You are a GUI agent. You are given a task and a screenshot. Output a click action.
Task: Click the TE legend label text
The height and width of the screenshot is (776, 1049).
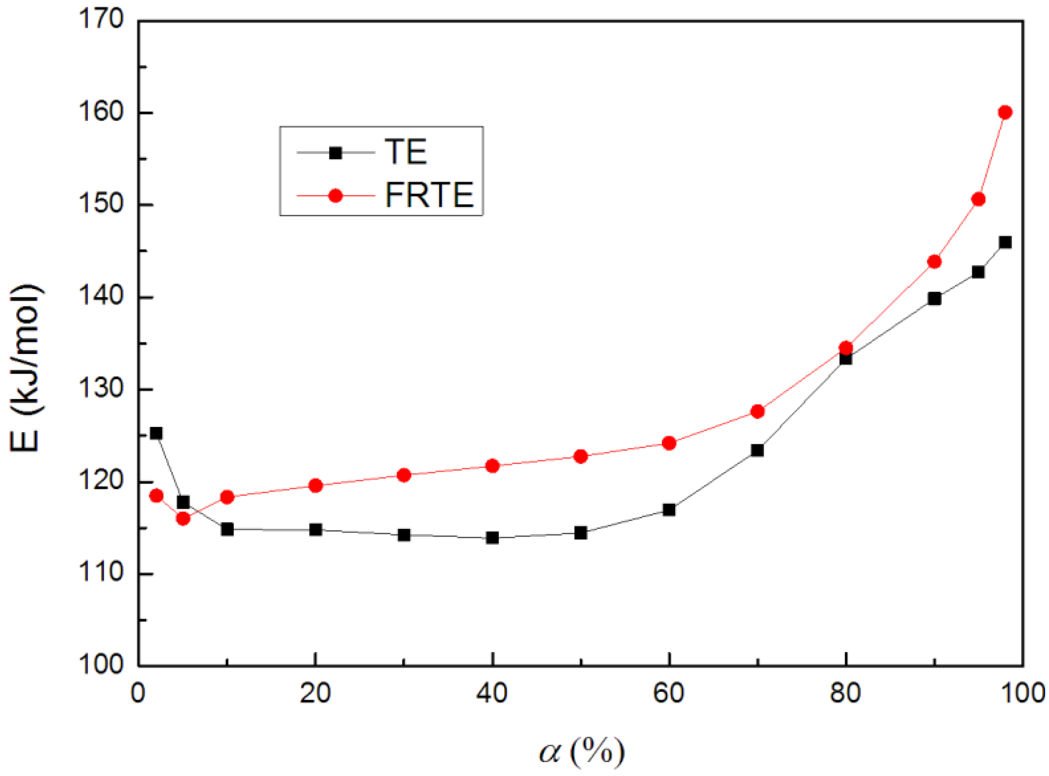pyautogui.click(x=405, y=152)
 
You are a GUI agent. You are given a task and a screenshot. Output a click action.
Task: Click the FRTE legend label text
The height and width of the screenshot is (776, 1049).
pyautogui.click(x=429, y=195)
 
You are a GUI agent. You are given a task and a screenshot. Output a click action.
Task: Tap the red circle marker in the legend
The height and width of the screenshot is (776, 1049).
pyautogui.click(x=335, y=195)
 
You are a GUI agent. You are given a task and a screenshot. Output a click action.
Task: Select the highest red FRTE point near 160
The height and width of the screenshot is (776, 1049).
pyautogui.click(x=1005, y=112)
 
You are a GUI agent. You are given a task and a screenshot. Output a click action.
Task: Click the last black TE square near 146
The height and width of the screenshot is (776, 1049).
pyautogui.click(x=1005, y=242)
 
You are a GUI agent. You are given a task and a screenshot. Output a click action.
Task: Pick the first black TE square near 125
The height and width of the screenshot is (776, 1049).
pyautogui.click(x=156, y=433)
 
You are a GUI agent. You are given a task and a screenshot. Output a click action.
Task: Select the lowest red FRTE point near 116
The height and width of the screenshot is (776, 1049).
pyautogui.click(x=183, y=519)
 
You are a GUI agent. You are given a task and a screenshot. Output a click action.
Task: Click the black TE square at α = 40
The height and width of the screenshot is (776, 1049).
pyautogui.click(x=492, y=538)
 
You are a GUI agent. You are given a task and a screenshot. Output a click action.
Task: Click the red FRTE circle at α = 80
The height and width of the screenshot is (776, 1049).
pyautogui.click(x=846, y=348)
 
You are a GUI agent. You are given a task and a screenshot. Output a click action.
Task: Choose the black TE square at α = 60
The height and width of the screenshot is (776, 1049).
pyautogui.click(x=669, y=510)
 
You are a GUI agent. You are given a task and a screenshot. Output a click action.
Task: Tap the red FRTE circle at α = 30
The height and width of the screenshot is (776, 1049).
pyautogui.click(x=404, y=475)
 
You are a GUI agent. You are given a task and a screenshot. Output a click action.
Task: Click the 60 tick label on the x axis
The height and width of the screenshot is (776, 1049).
pyautogui.click(x=668, y=693)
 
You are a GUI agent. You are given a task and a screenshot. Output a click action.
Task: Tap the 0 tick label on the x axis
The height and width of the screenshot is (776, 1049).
pyautogui.click(x=138, y=693)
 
